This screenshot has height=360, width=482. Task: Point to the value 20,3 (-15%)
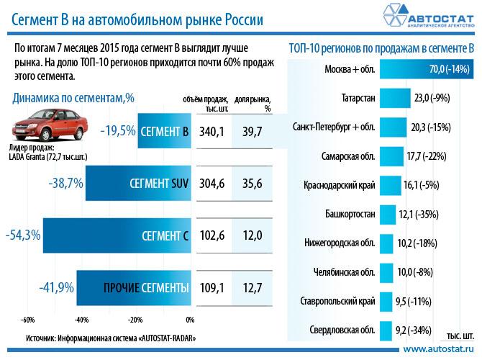pos(429,127)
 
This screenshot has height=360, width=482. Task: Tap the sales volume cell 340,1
pos(211,131)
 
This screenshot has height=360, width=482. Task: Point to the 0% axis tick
pos(190,320)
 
